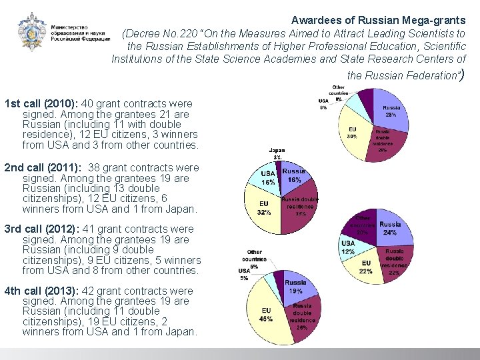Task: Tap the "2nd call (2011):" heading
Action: pos(43,167)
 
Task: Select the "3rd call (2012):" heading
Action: pos(43,229)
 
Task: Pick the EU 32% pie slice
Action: pos(265,208)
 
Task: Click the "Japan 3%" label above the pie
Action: pos(277,153)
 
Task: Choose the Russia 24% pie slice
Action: pos(391,230)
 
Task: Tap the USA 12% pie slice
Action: pos(349,248)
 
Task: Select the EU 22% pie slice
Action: pos(366,267)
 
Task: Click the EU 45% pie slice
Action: pos(266,314)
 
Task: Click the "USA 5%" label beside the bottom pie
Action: pos(244,273)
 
